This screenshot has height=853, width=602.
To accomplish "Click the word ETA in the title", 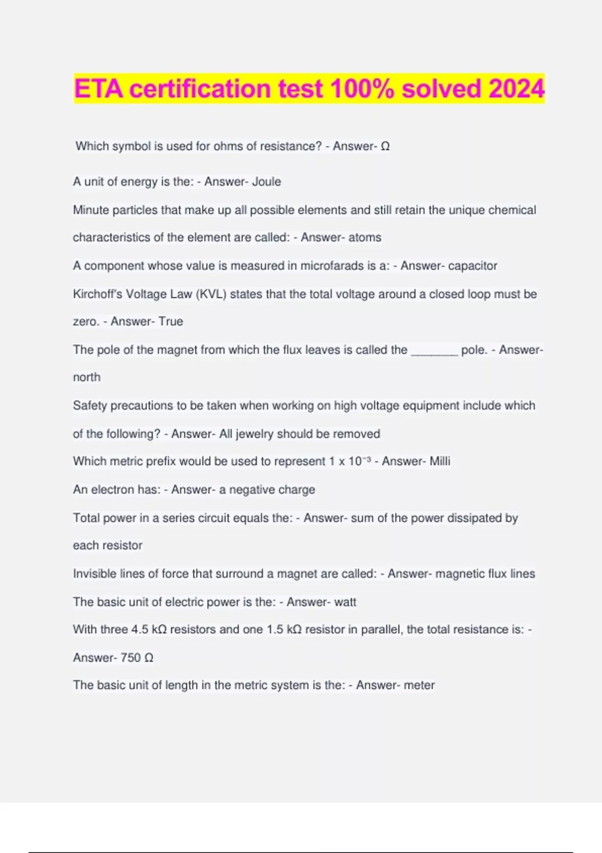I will pyautogui.click(x=99, y=89).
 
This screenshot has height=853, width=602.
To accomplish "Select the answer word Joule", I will pyautogui.click(x=266, y=182).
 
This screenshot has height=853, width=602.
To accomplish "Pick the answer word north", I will pyautogui.click(x=87, y=377).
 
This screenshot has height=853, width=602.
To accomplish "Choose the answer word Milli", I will pyautogui.click(x=440, y=461).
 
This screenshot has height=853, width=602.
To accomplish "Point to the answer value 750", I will pyautogui.click(x=131, y=657).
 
